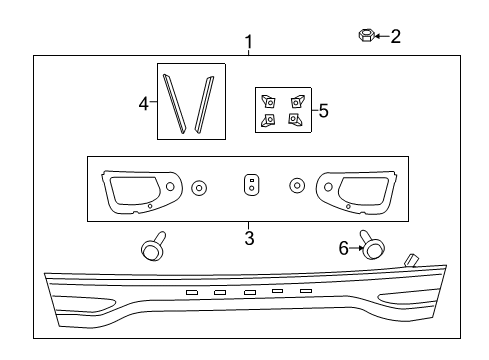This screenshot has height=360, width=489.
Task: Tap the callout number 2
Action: (395, 37)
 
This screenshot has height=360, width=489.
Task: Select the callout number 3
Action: (249, 238)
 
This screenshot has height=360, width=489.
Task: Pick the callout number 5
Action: (323, 111)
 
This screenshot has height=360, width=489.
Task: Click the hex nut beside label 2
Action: (366, 36)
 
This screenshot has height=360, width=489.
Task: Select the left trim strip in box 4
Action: (175, 104)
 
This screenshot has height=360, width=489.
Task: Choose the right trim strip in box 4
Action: (205, 104)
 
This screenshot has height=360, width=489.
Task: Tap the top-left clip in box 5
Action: (269, 100)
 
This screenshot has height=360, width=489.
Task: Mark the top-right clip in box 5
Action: (296, 100)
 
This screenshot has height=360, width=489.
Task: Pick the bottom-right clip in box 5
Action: (295, 120)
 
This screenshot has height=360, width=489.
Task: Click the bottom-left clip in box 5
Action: (268, 120)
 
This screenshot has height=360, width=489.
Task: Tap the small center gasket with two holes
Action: (252, 186)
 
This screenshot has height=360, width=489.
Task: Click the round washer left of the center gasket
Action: (198, 187)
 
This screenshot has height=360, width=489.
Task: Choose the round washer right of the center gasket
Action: (296, 186)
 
